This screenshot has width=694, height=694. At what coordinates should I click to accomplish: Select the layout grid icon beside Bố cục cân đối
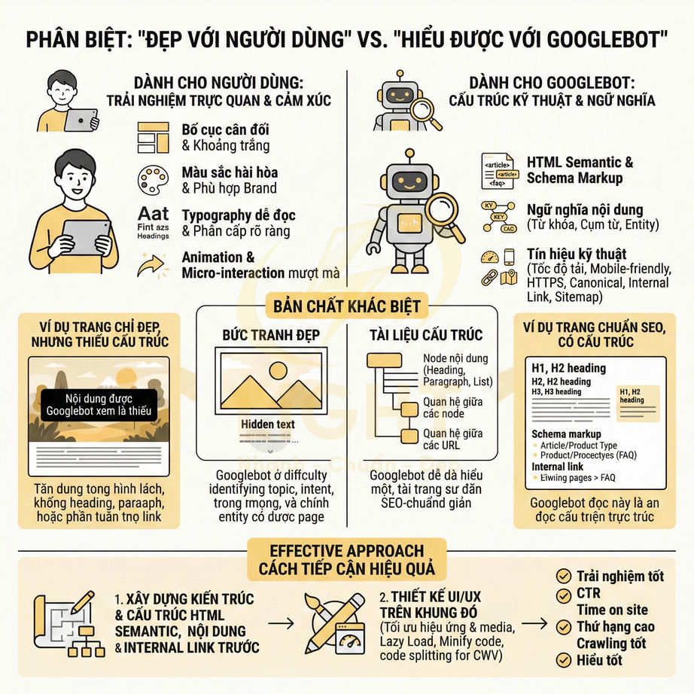(x=153, y=137)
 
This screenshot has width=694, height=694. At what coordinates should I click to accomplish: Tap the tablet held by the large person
(x=85, y=236)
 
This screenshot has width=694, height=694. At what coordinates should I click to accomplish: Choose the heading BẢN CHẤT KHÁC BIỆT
(x=346, y=306)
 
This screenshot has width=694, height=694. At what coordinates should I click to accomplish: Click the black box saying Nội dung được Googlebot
(x=99, y=404)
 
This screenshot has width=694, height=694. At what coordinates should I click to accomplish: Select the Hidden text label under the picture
(x=267, y=424)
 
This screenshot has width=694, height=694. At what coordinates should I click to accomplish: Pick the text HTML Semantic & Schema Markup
(x=580, y=170)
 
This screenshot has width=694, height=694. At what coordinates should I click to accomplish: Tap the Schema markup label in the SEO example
(x=566, y=434)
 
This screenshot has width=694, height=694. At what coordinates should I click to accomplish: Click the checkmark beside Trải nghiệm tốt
(x=562, y=577)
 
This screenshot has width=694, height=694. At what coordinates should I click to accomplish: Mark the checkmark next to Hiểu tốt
(x=562, y=660)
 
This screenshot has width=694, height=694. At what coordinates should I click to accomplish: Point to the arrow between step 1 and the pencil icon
(x=281, y=623)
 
